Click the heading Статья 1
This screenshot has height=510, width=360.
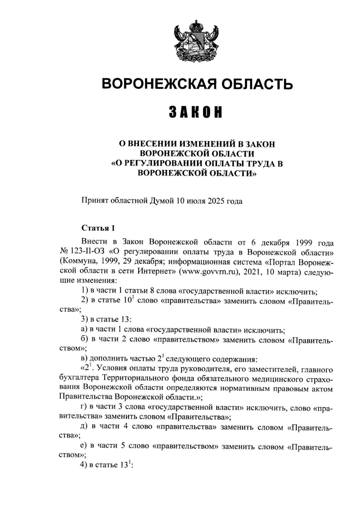pos(98,228)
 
